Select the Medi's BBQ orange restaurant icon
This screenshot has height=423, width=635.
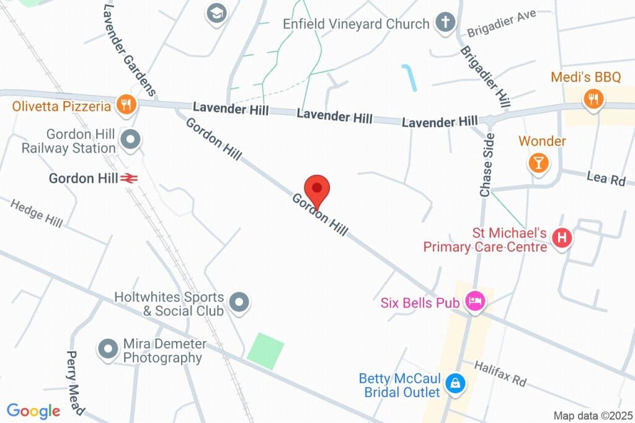click(593, 97)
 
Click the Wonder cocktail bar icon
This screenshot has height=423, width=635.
click(538, 163)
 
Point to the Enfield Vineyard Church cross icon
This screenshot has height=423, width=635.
click(444, 23)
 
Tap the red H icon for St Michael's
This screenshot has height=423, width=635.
click(562, 238)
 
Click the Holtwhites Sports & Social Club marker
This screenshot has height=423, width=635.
click(239, 303)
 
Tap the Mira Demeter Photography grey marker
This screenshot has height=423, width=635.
click(109, 349)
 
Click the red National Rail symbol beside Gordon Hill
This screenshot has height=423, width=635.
click(129, 179)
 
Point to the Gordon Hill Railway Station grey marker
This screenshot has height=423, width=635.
click(130, 140)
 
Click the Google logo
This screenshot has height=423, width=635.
click(33, 411)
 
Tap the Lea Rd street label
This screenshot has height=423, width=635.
click(606, 179)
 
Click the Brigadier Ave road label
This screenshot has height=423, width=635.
click(501, 23)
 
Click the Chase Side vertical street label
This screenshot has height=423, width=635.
click(487, 165)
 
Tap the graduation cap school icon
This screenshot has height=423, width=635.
click(216, 13)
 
